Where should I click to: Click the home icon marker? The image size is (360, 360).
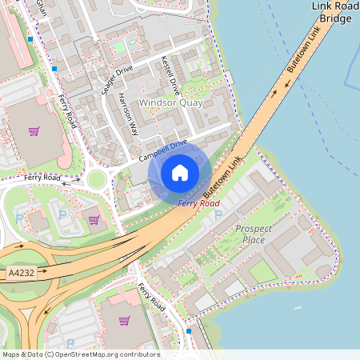tap(180, 173)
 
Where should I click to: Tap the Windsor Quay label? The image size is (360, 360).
tap(170, 103)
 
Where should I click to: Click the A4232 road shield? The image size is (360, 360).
tap(22, 273)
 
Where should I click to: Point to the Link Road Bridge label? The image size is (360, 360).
tap(334, 11)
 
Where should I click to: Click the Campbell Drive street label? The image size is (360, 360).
tap(162, 149)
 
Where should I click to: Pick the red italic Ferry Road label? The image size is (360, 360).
tap(198, 204)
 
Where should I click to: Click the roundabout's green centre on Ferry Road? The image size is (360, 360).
tap(97, 179)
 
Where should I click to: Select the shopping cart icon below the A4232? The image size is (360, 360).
tap(124, 321)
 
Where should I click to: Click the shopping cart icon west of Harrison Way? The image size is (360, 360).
tap(34, 131)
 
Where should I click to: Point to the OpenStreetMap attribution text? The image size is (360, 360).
tap(81, 354)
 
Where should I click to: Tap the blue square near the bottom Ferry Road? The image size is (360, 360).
tap(189, 330)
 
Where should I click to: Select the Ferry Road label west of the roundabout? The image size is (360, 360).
tap(42, 177)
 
